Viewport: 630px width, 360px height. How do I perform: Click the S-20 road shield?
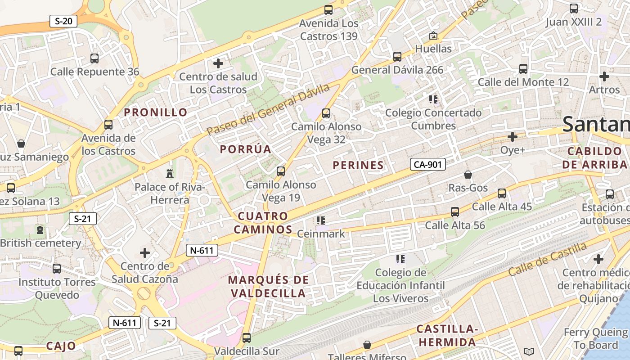[x=63, y=21]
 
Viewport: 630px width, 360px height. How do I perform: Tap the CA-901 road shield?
[x=427, y=165]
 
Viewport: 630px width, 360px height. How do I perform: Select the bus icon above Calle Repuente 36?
[x=94, y=58]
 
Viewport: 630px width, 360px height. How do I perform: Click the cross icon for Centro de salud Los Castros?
[x=218, y=63]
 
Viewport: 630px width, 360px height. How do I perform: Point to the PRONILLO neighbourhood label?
[x=156, y=112]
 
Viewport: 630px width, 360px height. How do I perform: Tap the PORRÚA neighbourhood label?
[x=246, y=149]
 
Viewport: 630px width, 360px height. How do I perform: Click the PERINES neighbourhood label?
[x=358, y=165]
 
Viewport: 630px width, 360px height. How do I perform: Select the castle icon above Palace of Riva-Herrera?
[x=170, y=173]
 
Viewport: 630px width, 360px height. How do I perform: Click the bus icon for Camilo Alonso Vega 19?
[x=281, y=171]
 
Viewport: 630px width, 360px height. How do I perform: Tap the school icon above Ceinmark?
[x=321, y=220]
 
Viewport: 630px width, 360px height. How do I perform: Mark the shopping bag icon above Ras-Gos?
[x=468, y=175]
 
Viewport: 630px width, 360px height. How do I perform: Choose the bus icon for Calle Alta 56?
[x=455, y=211]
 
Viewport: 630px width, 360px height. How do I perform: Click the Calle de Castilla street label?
[x=547, y=260]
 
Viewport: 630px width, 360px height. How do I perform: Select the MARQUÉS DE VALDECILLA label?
[x=268, y=287]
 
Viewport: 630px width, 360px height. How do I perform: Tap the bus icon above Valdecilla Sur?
[x=247, y=337]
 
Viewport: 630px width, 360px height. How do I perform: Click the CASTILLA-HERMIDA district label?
[x=446, y=336]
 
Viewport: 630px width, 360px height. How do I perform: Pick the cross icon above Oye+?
[x=513, y=136]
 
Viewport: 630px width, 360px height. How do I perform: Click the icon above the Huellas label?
[x=433, y=35]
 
